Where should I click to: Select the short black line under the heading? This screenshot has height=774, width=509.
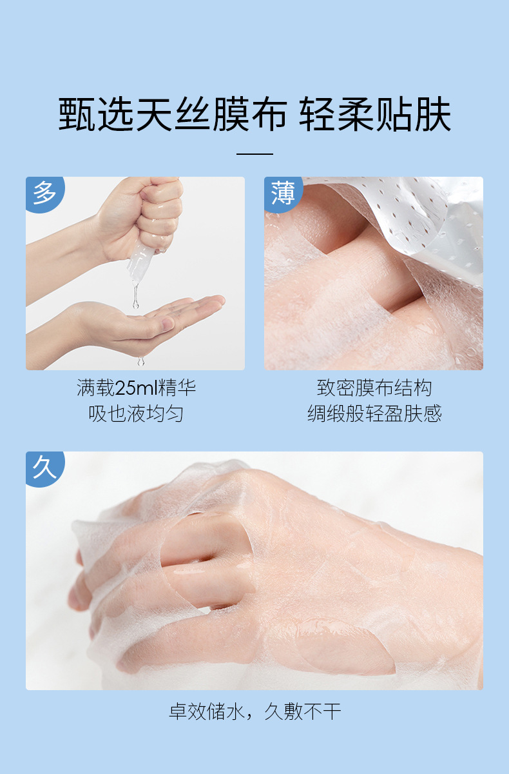[x=254, y=154]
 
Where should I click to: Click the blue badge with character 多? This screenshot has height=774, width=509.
[x=44, y=193]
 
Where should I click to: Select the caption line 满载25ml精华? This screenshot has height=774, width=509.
[x=136, y=388]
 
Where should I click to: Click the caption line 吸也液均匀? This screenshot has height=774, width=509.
[x=136, y=413]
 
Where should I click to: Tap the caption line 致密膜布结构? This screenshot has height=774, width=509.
[x=374, y=388]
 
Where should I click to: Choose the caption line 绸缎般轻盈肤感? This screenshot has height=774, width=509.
[x=374, y=413]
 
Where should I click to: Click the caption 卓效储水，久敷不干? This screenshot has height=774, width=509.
[x=254, y=711]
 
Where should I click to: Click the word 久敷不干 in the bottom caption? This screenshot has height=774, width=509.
[x=303, y=711]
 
